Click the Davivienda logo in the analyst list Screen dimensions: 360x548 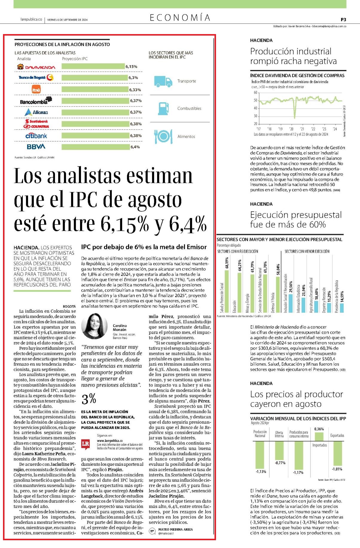(36, 67)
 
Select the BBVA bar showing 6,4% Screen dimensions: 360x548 (96, 147)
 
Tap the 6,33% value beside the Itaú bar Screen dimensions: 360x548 (135, 90)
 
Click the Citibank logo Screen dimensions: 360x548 (36, 136)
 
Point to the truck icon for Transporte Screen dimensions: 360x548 (163, 81)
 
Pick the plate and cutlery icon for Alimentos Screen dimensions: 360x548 (163, 136)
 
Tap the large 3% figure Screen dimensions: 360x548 (89, 399)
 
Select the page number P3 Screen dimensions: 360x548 (343, 19)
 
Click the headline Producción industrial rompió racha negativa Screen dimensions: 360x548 (293, 56)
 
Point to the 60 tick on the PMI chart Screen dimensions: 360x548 (255, 93)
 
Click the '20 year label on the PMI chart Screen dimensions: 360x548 (291, 129)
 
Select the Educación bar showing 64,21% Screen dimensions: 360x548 (239, 293)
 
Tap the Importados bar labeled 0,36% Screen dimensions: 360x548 (319, 436)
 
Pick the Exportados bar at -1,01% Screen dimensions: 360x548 (337, 453)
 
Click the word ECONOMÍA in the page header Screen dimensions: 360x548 (180, 18)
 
